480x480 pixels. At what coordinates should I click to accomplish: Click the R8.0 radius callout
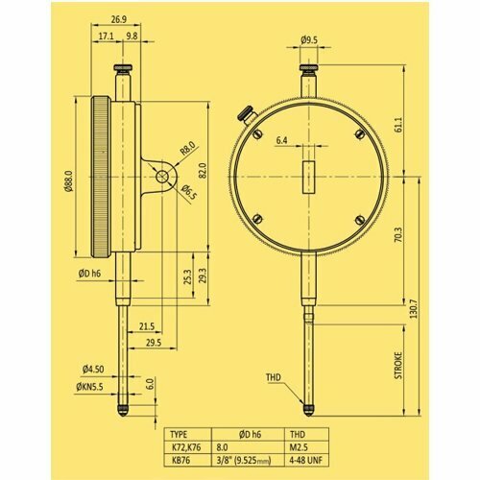pyautogui.click(x=187, y=149)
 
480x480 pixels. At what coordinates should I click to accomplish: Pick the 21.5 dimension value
pyautogui.click(x=147, y=325)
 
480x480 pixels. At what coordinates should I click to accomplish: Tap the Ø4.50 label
pyautogui.click(x=93, y=368)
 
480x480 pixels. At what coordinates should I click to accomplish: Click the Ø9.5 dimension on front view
pyautogui.click(x=309, y=40)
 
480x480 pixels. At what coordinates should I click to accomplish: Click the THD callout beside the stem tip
pyautogui.click(x=275, y=378)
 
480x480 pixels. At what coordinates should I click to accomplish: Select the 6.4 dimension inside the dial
pyautogui.click(x=281, y=141)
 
